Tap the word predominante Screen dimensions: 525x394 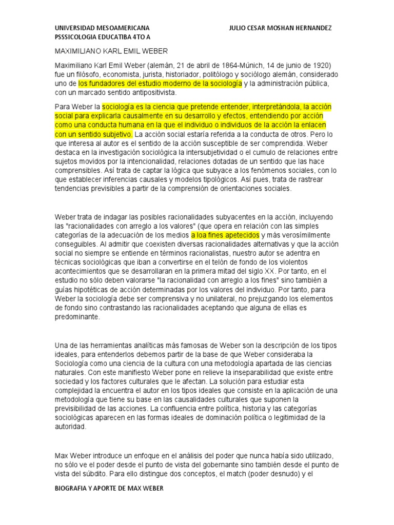pos(76,317)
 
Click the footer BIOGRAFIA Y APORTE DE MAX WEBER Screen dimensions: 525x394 pos(109,489)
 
